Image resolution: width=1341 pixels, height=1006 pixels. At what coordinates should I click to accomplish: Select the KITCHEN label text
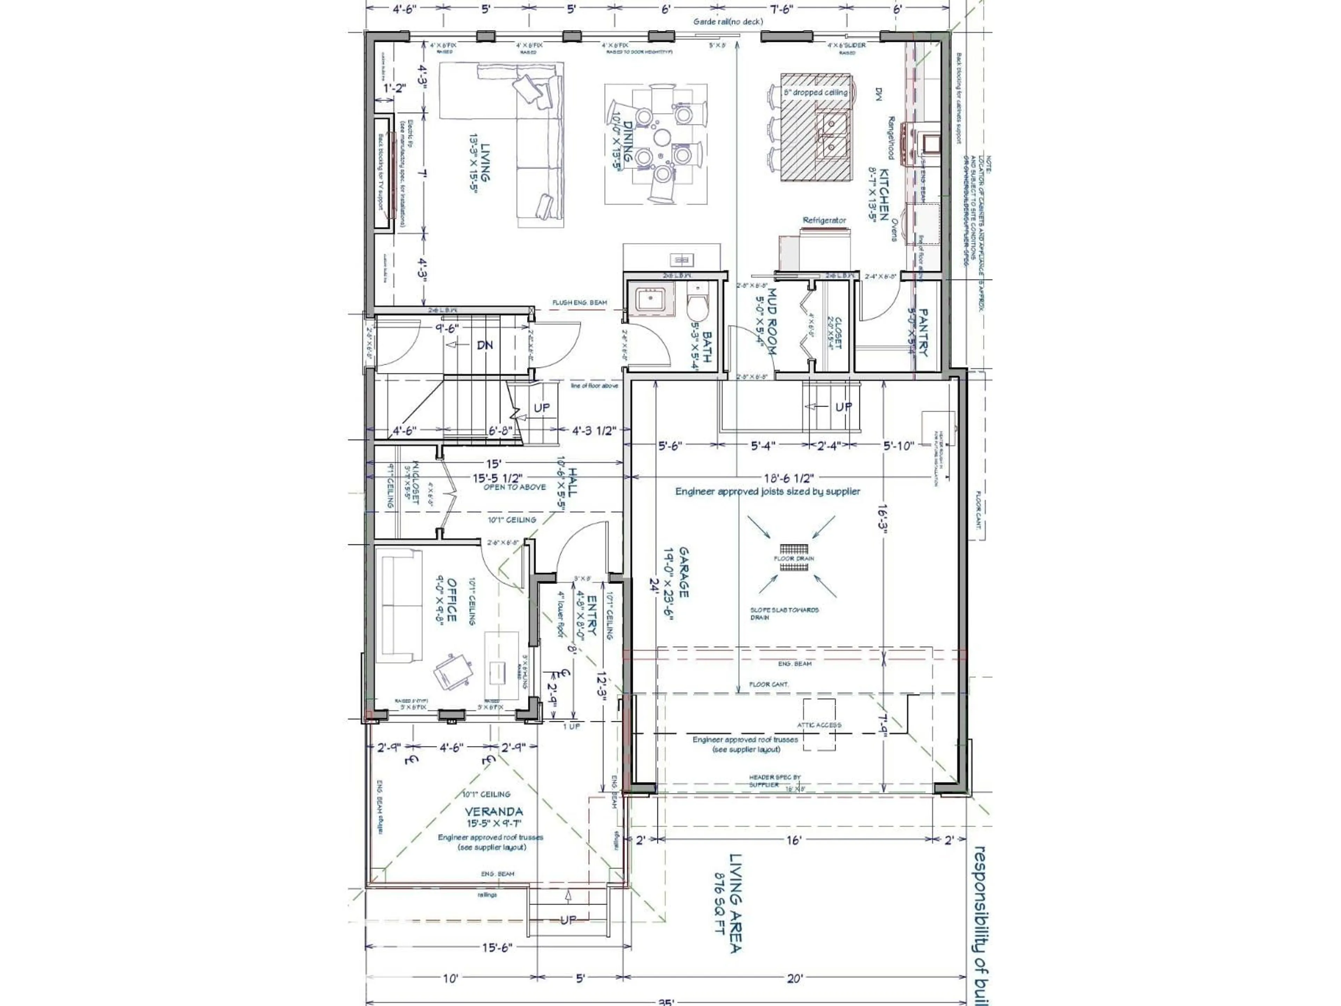884,195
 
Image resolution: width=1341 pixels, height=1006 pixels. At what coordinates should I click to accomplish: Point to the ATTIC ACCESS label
819,725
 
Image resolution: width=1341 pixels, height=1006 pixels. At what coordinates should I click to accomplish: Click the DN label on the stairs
484,345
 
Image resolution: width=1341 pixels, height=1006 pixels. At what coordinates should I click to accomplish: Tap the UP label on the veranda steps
568,920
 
